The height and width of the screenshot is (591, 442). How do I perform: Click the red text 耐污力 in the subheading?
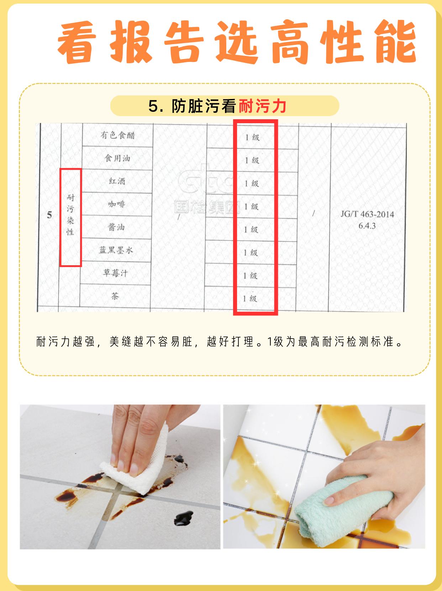[x=262, y=106]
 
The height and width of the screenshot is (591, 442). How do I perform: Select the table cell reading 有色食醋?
[x=118, y=135]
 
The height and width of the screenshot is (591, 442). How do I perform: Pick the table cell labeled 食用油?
[x=117, y=158]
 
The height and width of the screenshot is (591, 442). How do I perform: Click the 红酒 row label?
[x=117, y=181]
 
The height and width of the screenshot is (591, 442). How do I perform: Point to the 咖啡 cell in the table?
[x=117, y=204]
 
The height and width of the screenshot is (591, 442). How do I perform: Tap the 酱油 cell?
[x=116, y=227]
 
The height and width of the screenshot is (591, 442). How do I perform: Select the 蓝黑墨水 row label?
[x=116, y=250]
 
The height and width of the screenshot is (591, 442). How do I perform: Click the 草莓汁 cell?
[x=115, y=273]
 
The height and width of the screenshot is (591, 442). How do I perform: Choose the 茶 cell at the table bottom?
[x=115, y=296]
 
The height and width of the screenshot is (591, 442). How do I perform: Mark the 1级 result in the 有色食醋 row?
[x=252, y=137]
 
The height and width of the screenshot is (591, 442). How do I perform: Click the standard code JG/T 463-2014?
[x=367, y=214]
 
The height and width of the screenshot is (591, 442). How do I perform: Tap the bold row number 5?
[x=49, y=215]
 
